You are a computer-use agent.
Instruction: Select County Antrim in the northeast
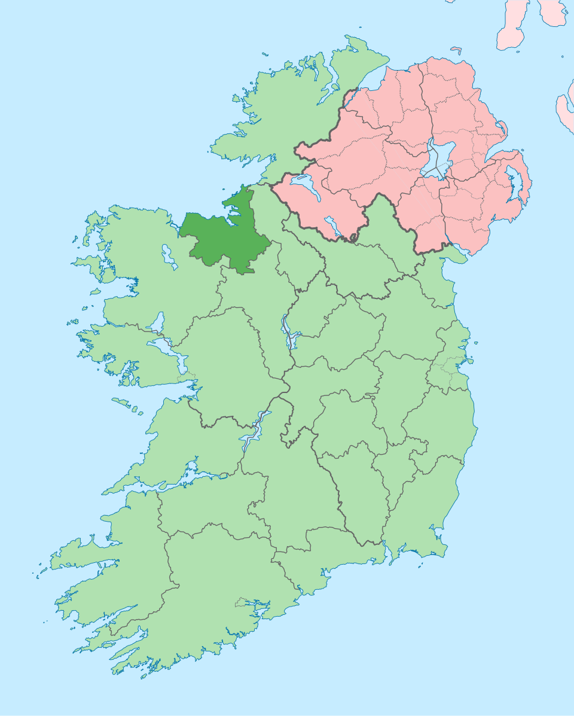460,108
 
